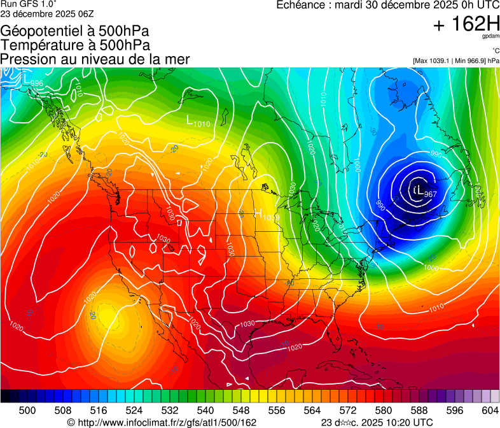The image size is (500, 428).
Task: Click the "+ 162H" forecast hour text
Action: pos(466,24)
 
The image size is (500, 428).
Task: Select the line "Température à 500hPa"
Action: pos(75,45)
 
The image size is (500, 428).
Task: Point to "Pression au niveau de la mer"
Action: pos(95,59)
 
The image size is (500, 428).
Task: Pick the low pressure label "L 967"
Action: pos(424,192)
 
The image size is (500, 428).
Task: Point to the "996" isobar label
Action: pos(37,84)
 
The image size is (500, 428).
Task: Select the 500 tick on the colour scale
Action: pos(27,410)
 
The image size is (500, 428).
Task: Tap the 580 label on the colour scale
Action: pos(384,410)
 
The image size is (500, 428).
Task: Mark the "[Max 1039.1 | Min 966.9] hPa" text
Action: pos(455,61)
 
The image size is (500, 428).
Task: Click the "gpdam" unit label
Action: pos(490,37)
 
